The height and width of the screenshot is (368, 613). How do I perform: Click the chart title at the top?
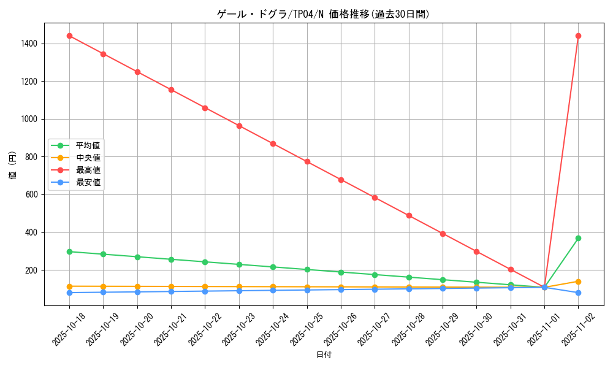tap(323, 14)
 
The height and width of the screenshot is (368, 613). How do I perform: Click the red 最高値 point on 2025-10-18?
tap(69, 36)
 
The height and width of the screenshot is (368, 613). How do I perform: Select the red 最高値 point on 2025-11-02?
tap(578, 36)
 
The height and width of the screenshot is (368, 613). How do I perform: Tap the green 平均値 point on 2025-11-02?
tap(578, 238)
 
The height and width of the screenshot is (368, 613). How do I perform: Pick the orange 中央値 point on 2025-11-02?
tap(578, 282)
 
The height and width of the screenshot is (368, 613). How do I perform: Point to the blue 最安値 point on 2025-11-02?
tap(578, 293)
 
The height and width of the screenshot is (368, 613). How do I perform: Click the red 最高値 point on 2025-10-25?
tap(307, 161)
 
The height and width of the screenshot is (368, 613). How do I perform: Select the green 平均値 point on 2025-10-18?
tap(69, 251)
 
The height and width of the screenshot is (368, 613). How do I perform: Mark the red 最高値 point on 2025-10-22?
tap(205, 108)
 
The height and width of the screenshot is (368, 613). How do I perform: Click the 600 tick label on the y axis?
tap(32, 194)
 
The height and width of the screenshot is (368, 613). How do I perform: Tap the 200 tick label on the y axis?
tap(32, 270)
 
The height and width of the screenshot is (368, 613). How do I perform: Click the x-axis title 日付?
tap(324, 355)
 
